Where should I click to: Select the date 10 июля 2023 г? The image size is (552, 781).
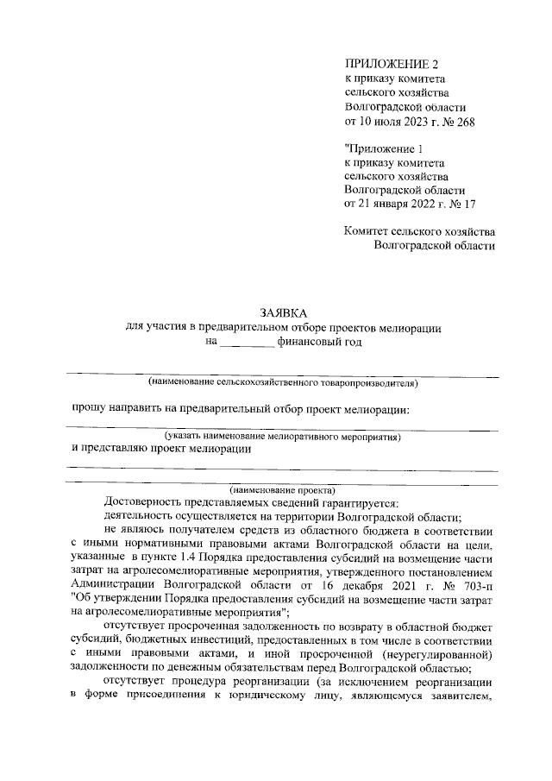(389, 122)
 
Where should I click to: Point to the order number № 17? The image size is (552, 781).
(459, 204)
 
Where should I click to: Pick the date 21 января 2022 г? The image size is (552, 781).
(393, 204)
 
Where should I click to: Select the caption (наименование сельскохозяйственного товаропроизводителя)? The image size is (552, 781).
(283, 381)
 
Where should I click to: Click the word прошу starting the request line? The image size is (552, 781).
(88, 409)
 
